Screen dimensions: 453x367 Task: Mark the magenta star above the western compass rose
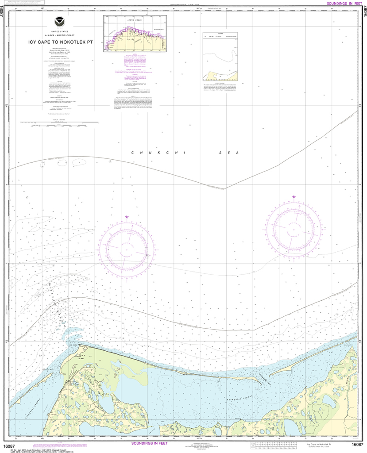pos(127,217)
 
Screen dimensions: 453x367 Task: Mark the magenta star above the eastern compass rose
pos(294,196)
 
